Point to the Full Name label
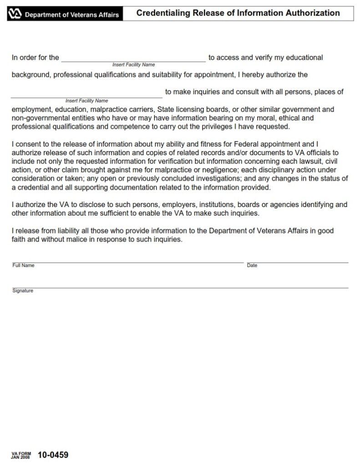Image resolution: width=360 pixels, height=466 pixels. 23,265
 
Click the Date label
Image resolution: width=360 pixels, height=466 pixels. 252,265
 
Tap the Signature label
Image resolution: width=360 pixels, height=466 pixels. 23,290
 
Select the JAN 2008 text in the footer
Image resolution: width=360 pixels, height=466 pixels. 21,456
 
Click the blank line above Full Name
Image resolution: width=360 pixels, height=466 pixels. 128,262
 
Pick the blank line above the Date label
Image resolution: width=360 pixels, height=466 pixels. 297,262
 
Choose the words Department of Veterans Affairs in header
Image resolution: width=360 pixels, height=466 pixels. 72,15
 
